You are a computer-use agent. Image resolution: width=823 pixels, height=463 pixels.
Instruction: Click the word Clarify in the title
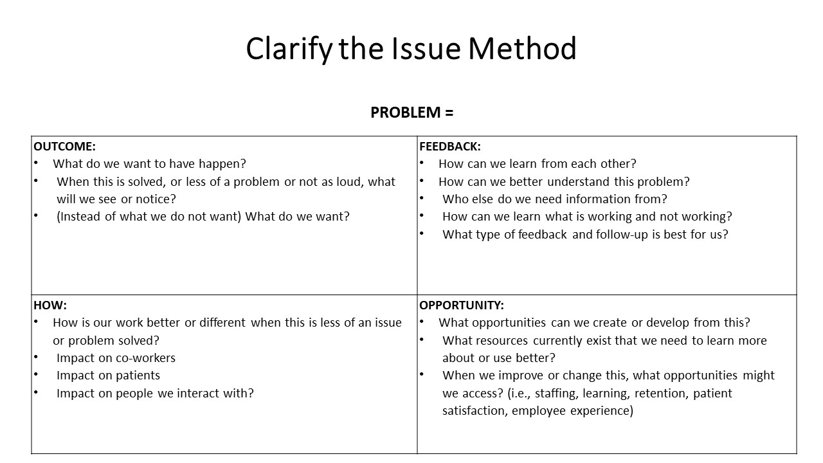pos(289,50)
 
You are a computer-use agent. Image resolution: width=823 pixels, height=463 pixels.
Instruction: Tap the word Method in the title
pos(522,48)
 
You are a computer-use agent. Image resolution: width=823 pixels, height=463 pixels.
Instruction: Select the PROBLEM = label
pos(412,113)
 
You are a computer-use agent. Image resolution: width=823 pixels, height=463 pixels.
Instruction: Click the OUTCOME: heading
pos(65,146)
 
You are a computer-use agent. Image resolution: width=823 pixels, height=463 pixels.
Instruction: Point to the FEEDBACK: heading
pos(450,146)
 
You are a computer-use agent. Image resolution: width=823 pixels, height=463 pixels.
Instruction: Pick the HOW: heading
pos(50,305)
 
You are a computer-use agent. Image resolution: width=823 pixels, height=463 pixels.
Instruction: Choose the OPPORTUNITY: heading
pos(462,305)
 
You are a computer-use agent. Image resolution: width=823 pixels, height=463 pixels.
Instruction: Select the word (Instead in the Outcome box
pos(78,217)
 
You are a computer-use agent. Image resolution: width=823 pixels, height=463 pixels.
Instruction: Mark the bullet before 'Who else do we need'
pos(422,198)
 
